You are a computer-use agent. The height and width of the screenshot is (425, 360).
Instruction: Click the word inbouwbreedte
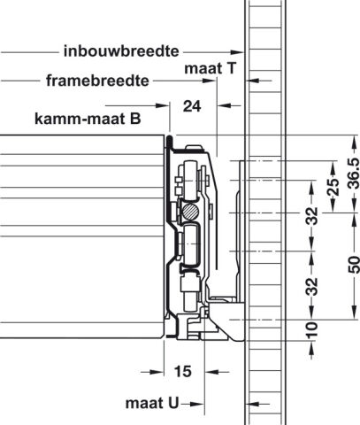[121, 51]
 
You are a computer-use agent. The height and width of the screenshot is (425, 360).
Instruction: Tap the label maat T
[211, 68]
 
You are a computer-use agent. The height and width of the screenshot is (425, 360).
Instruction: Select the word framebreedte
[97, 81]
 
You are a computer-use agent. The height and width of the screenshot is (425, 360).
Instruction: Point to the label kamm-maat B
[88, 119]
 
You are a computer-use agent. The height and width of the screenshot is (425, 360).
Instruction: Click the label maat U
[152, 403]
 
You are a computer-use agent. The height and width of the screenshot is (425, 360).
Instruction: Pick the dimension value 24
[192, 106]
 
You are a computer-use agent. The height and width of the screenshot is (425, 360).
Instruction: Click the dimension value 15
[183, 371]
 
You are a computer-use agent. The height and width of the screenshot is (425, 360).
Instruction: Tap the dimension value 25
[333, 187]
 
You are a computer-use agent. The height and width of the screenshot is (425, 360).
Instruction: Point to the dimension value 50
[354, 265]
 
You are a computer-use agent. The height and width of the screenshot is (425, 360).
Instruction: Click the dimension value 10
[311, 330]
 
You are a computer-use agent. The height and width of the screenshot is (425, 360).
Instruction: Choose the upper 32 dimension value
[311, 216]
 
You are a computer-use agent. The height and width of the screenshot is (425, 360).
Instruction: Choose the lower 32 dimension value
[311, 286]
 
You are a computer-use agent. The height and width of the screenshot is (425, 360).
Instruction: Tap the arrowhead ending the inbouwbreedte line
[237, 52]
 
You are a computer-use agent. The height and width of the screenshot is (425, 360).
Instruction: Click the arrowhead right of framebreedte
[210, 81]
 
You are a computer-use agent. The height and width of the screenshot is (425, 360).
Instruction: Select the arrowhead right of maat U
[197, 404]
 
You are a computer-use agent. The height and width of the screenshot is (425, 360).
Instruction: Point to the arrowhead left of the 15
[157, 372]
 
